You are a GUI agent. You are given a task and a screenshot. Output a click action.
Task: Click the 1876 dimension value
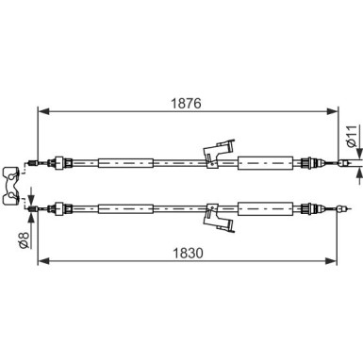tap(186, 103)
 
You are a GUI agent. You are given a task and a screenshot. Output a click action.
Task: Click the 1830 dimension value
tap(189, 253)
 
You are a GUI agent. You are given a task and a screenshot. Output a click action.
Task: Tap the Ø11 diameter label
tap(352, 136)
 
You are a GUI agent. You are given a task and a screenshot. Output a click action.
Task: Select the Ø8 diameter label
tap(25, 240)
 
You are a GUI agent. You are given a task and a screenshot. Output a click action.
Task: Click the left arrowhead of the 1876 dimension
tap(44, 111)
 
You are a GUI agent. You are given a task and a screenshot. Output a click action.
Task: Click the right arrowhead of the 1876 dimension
tap(332, 111)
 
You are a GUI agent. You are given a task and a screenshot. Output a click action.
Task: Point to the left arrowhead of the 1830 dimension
tap(44, 260)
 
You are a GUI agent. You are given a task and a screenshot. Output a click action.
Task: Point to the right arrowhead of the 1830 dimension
tap(330, 260)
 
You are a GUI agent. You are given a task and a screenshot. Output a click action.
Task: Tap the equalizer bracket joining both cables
tap(11, 187)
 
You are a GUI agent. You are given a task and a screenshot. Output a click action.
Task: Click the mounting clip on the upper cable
tap(218, 153)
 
